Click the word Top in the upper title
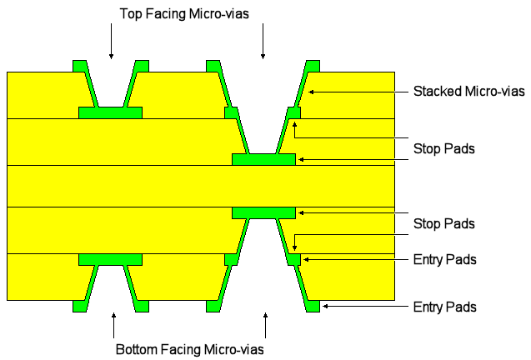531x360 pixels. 132,14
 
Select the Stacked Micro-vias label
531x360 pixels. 456,91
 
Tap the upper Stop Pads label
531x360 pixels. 443,149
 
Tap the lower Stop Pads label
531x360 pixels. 443,223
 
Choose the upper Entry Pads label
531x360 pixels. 444,260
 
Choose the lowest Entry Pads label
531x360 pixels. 444,307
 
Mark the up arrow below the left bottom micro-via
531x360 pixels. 113,324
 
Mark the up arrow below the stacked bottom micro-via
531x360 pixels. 266,324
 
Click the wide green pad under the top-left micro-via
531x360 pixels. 110,112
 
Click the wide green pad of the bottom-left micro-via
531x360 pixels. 110,259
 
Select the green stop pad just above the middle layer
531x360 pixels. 263,159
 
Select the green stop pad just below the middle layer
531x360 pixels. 263,212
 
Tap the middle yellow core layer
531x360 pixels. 125,185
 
